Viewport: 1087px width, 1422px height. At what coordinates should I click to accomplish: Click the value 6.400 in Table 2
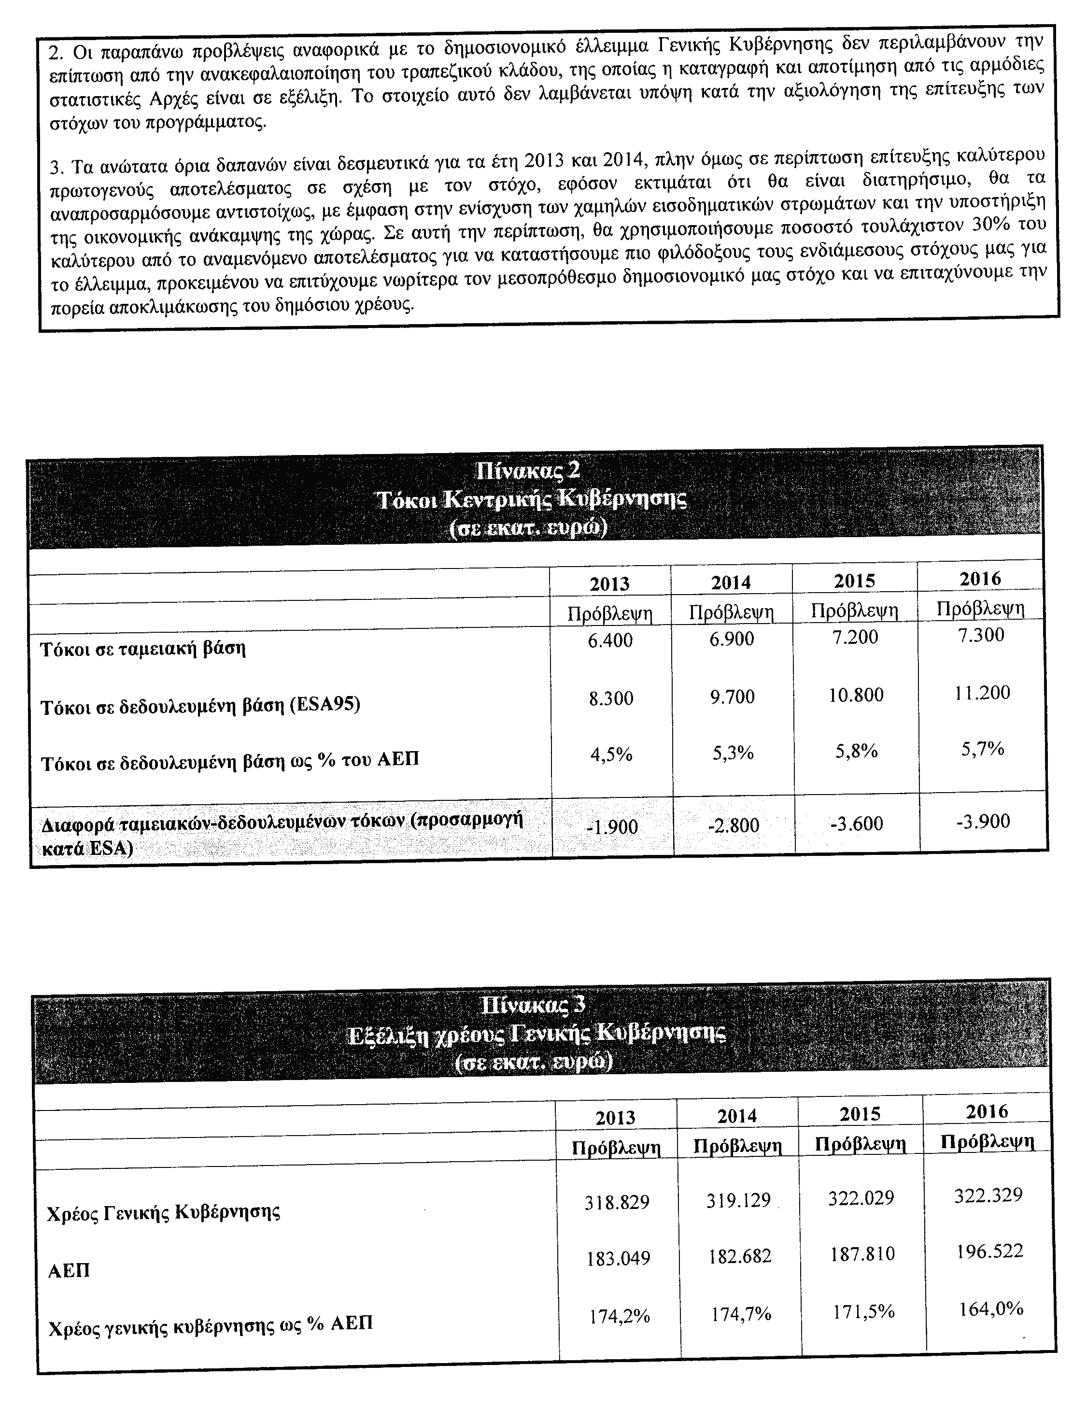coord(610,641)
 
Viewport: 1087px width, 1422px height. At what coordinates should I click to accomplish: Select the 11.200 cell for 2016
coord(982,693)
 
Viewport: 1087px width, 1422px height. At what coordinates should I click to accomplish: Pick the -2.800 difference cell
coord(733,825)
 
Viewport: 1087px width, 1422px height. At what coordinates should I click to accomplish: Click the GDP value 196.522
coord(988,1251)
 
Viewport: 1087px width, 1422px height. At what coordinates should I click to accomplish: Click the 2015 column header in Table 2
coord(855,581)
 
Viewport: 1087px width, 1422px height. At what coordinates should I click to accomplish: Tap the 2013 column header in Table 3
coord(615,1118)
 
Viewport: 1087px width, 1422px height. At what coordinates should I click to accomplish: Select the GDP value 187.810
coord(862,1254)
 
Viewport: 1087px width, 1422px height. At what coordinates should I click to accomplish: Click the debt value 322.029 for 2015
coord(861,1197)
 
